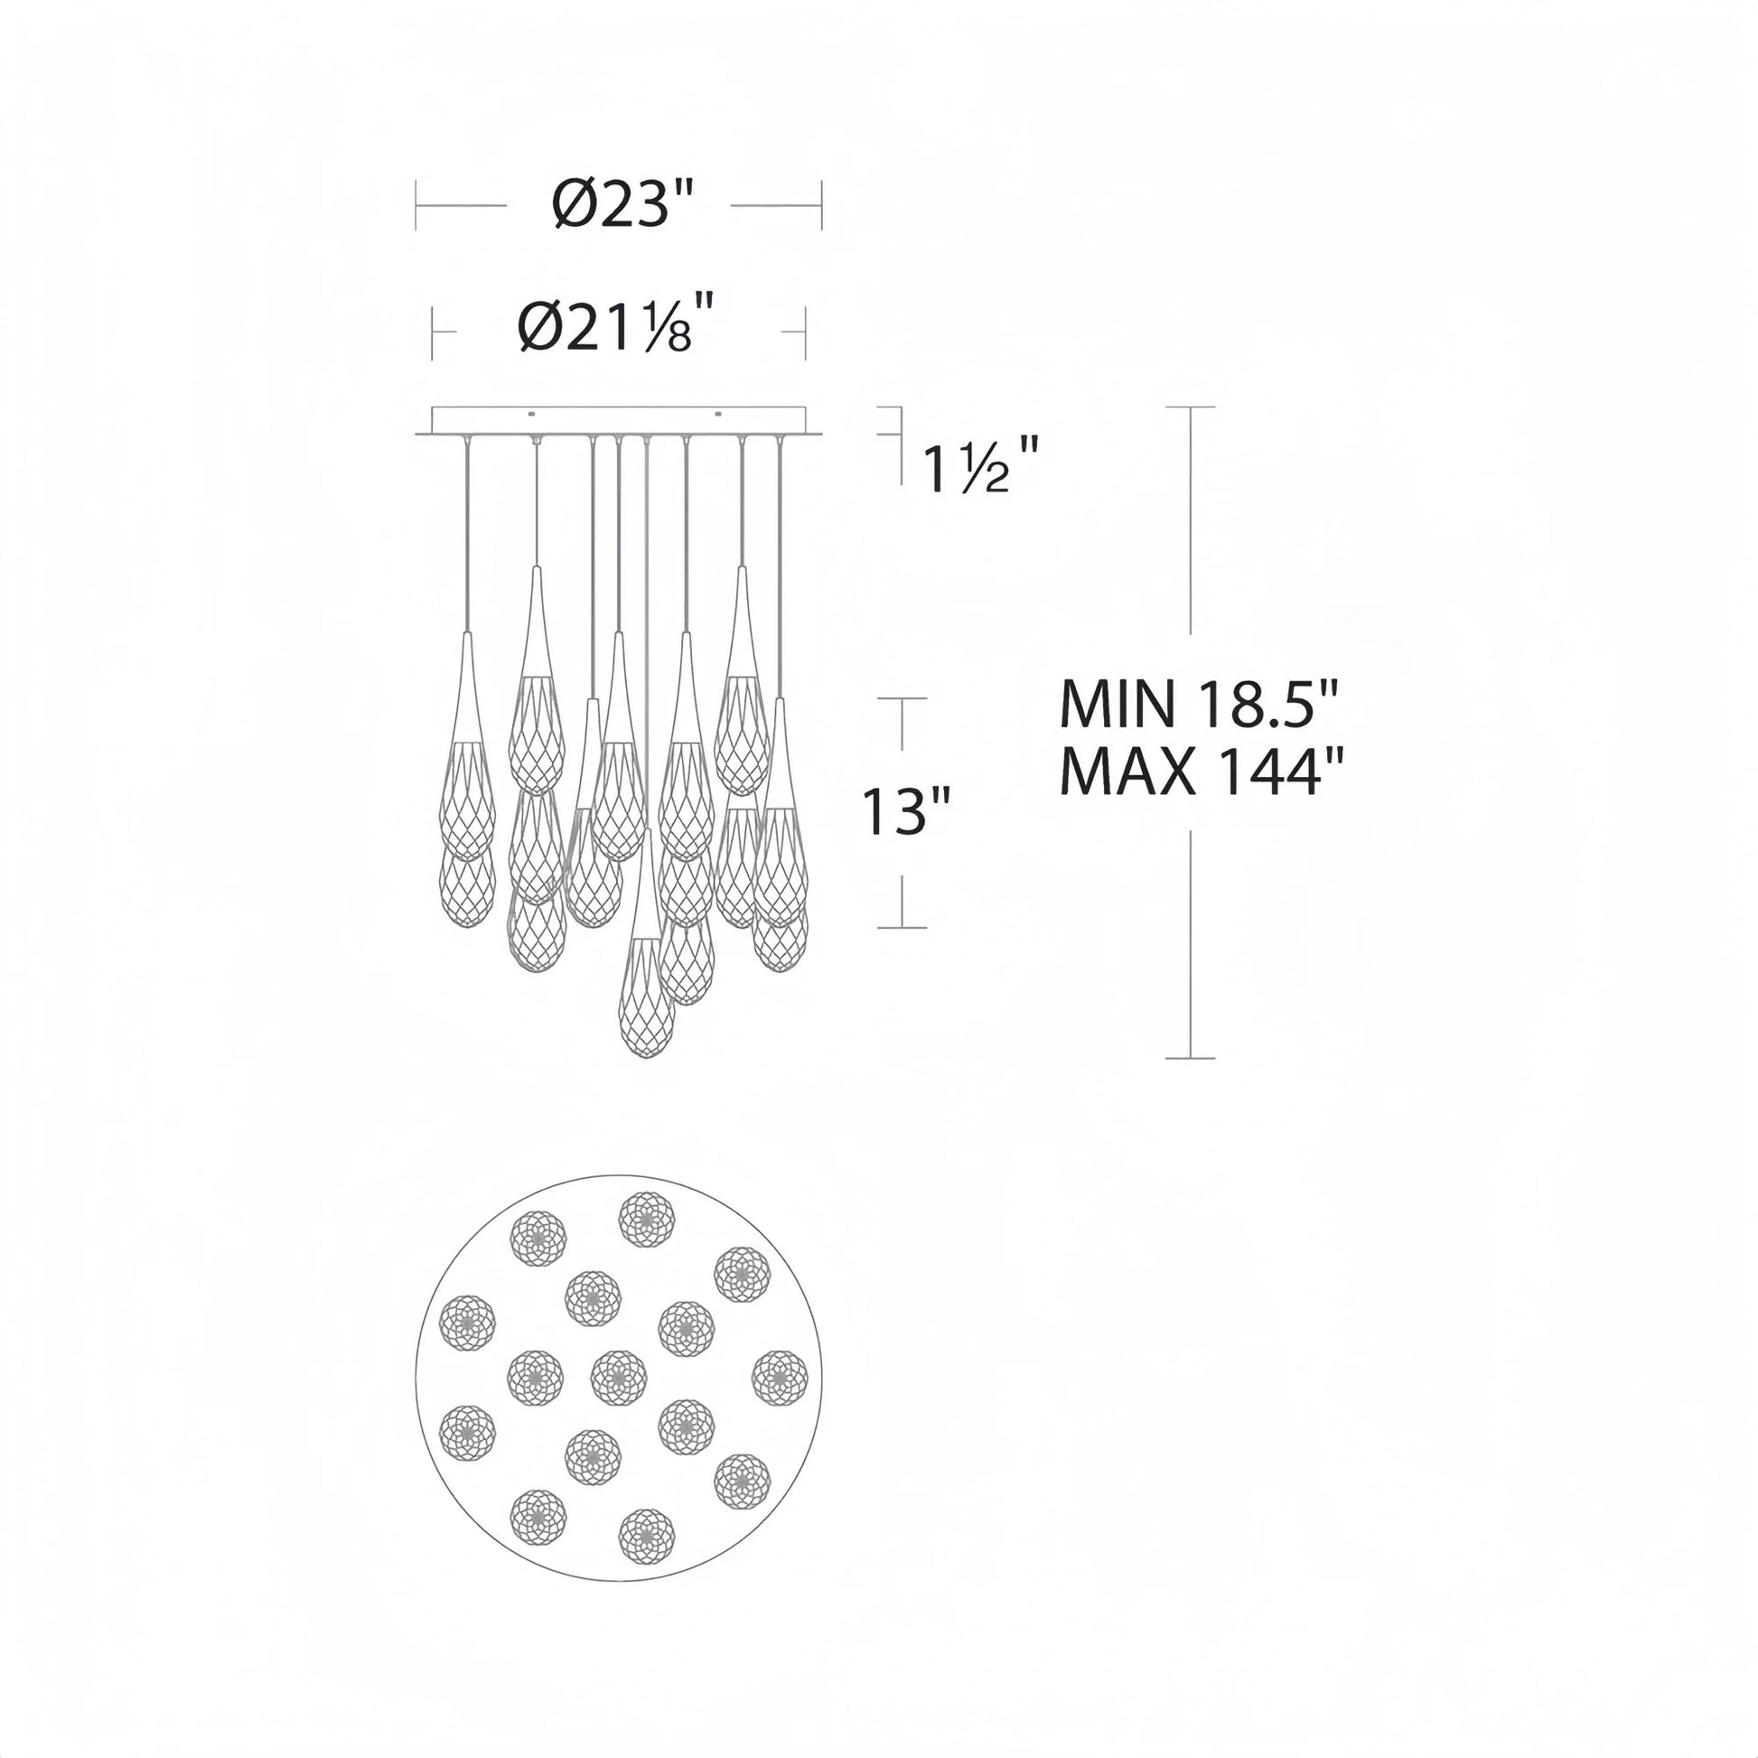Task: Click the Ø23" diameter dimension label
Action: coord(623,205)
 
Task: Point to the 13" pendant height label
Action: coord(906,810)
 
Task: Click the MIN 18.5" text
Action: coord(1201,704)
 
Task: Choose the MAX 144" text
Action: coord(1202,771)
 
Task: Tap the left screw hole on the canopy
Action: coord(532,416)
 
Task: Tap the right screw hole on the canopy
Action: coord(718,416)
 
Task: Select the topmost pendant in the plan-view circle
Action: coord(647,1220)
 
